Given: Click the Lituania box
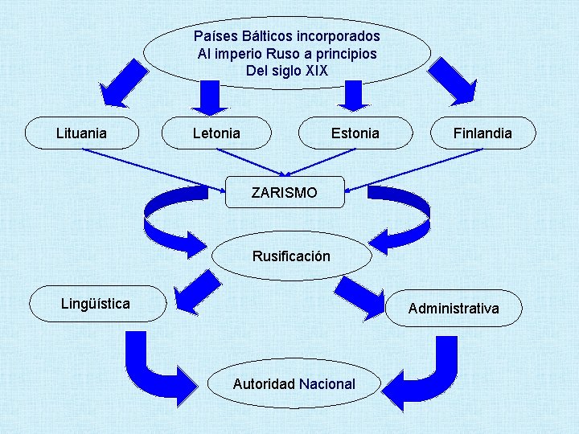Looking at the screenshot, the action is click(81, 133).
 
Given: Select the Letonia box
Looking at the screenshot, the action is click(216, 133).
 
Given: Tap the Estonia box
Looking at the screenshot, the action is click(355, 133).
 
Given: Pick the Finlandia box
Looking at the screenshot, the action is click(482, 133).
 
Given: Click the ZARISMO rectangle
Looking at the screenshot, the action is click(284, 193).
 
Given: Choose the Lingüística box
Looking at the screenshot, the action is click(96, 304).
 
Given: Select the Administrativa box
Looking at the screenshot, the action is click(454, 309).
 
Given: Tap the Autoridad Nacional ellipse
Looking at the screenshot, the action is click(294, 384).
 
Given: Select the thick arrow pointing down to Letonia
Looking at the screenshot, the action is click(211, 96).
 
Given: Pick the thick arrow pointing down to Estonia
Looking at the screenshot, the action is click(351, 96).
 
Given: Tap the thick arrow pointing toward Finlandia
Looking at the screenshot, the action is click(451, 81).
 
